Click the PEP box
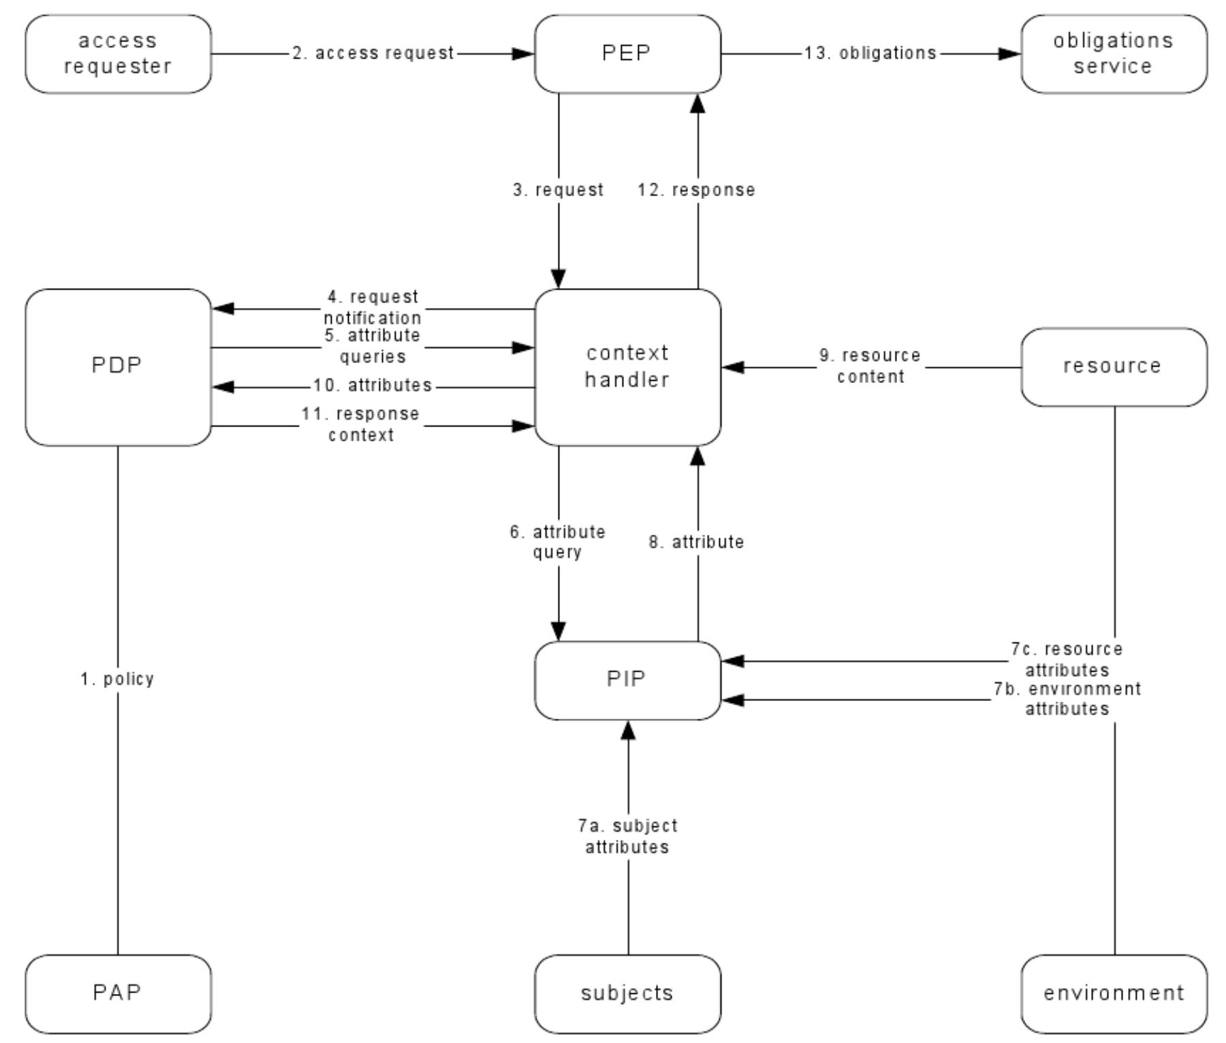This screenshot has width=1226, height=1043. tap(627, 54)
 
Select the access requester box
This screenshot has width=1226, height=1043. tap(118, 54)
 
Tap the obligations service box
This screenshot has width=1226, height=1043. tap(1114, 54)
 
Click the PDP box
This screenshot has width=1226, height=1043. tap(118, 367)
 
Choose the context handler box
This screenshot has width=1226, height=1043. tap(627, 367)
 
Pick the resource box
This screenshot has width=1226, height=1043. tap(1114, 367)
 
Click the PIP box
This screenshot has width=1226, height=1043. tap(627, 680)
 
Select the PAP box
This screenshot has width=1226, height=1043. tap(118, 993)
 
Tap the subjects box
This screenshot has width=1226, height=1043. tap(627, 993)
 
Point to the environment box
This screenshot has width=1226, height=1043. tap(1114, 993)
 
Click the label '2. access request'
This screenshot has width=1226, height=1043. tap(373, 53)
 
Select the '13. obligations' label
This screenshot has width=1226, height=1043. tap(870, 53)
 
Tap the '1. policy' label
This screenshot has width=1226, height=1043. tap(118, 679)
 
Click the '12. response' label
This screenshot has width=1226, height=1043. tap(696, 190)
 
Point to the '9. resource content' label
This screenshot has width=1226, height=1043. tap(870, 366)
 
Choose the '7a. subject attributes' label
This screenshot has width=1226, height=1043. tap(627, 836)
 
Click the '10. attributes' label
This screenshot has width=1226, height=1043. tap(373, 386)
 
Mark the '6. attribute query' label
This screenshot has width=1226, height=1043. tap(558, 542)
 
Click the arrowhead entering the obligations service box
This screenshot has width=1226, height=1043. tap(1010, 54)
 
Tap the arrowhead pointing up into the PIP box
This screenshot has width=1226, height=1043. tap(628, 730)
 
